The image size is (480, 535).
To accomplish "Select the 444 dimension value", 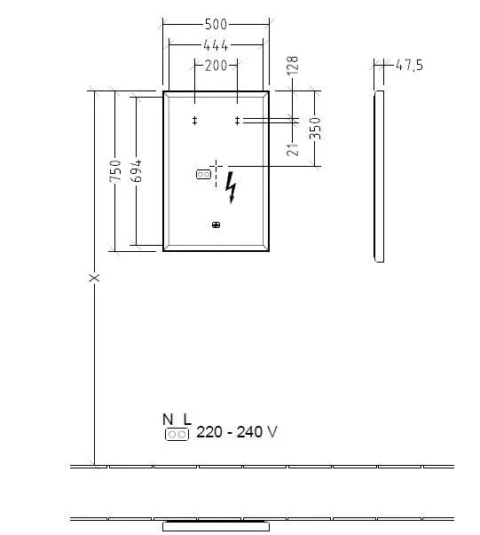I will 216,45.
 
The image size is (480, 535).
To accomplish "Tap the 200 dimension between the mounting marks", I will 216,65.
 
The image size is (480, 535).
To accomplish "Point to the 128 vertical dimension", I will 294,66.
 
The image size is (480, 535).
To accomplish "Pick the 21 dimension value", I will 294,148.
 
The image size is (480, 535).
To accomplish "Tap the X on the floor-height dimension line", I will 95,278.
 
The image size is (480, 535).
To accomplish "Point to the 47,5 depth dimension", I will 408,65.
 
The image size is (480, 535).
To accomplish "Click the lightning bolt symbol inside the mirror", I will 232,187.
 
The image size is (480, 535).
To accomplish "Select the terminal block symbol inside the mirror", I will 203,176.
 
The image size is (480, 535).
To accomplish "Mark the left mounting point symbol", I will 194,120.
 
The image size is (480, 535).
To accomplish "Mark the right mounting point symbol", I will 237,120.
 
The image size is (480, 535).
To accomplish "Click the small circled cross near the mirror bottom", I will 216,225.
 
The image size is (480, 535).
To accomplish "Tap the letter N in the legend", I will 167,419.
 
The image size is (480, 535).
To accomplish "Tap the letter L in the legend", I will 186,419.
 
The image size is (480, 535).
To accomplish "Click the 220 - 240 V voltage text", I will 236,433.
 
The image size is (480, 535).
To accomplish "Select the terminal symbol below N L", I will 177,434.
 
